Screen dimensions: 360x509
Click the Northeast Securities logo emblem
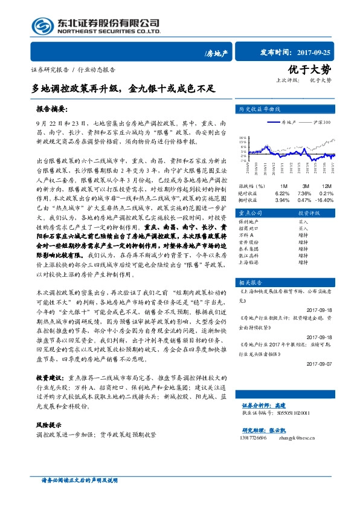(40, 27)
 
